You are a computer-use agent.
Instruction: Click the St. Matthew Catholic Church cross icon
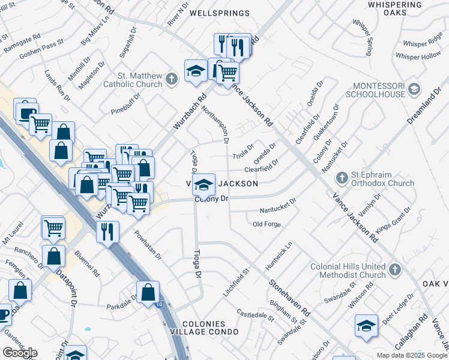coord(172,79)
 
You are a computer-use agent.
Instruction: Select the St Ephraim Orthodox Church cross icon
coord(342,178)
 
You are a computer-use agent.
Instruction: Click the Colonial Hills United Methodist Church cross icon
coord(394,269)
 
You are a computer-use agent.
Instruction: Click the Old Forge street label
coord(267,224)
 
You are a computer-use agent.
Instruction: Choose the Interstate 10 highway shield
coord(158,305)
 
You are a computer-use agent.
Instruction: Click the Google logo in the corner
coord(20,353)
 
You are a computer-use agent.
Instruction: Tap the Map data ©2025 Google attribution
coord(412,355)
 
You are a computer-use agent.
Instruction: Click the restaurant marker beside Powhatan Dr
coord(107,232)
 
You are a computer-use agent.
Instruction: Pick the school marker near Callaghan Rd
coord(366,325)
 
